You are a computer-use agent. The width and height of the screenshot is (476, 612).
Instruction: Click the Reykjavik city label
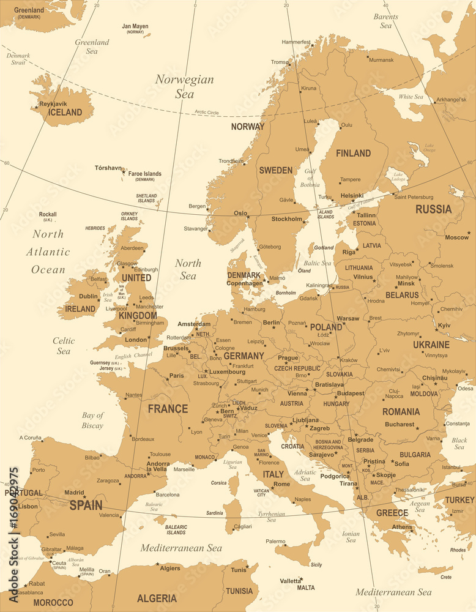53,104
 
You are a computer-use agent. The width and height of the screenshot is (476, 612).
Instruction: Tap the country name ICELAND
65,113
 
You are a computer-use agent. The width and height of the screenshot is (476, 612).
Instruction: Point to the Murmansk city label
382,60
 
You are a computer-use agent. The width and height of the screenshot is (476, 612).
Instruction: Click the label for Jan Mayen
135,26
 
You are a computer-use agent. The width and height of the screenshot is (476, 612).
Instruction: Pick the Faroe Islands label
145,174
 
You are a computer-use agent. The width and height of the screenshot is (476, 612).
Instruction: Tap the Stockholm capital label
287,219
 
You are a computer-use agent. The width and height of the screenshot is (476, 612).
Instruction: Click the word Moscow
456,237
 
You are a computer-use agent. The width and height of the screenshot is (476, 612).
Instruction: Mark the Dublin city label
89,296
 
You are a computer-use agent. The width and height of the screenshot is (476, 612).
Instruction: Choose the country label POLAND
326,327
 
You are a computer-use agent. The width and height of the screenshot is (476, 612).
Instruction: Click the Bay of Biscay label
93,420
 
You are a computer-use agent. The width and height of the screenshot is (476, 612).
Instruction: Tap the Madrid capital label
74,493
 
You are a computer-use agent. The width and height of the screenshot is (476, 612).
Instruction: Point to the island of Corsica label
219,483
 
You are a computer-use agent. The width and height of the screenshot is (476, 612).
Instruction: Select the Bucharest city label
400,424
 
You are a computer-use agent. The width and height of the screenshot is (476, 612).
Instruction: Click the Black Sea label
459,443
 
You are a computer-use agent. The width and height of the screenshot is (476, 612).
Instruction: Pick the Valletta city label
291,581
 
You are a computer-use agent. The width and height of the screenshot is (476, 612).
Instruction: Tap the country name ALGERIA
157,598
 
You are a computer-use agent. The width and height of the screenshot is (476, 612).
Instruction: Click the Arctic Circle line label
207,112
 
